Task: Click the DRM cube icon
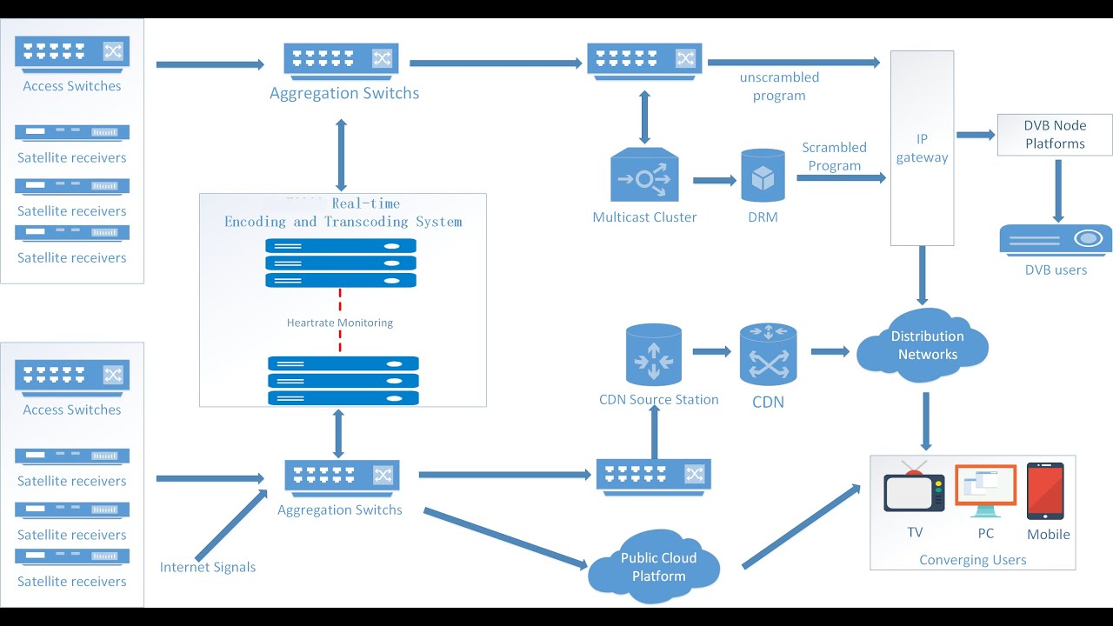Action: point(763,177)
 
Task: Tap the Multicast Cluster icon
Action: point(644,177)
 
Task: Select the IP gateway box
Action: point(922,148)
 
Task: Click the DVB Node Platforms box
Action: point(1054,135)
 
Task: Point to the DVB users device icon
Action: point(1056,239)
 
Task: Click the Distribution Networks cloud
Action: point(923,346)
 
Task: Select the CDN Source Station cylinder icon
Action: point(653,354)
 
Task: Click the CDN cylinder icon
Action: point(768,354)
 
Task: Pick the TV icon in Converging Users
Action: point(914,490)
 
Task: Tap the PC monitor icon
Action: point(985,490)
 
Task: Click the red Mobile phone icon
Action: point(1045,490)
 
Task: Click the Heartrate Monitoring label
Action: point(340,323)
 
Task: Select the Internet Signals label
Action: point(208,567)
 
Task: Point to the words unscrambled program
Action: point(779,86)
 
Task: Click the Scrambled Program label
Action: point(834,156)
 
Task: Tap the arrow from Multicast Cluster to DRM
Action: point(714,180)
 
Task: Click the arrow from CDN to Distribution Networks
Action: point(830,351)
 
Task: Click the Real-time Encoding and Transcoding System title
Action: point(343,213)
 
